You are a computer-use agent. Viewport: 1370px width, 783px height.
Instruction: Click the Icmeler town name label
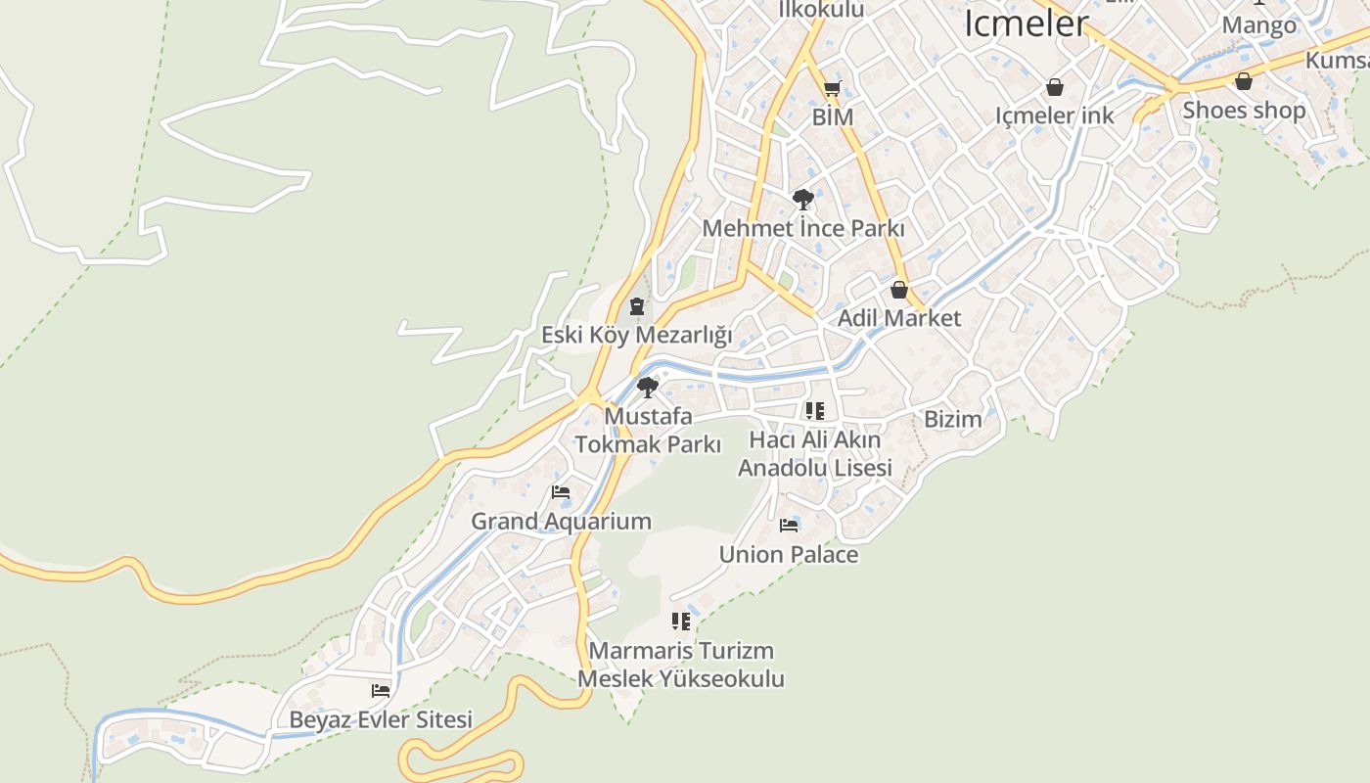[x=1026, y=23]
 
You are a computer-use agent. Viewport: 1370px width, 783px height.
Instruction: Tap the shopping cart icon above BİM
[x=832, y=90]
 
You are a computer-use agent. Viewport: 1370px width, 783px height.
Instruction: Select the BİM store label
[x=833, y=117]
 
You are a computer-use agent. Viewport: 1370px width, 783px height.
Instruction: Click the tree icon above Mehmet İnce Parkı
[x=802, y=201]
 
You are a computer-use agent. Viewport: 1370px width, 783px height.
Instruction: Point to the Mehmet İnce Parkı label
[x=802, y=229]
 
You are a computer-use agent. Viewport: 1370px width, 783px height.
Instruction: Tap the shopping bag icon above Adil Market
[x=898, y=291]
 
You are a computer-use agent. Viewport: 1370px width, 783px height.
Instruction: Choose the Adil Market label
[x=898, y=318]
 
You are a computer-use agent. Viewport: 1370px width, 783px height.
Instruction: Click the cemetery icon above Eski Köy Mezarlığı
[x=637, y=307]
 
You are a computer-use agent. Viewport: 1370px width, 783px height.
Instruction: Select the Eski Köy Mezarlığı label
[x=637, y=335]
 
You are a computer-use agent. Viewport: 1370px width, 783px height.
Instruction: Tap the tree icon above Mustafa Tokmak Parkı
[x=647, y=388]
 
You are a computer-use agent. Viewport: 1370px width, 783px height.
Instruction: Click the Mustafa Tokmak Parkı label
[x=647, y=431]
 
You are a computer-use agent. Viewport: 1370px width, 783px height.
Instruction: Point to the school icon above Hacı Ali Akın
[x=814, y=411]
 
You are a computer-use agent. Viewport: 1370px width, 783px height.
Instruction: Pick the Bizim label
[x=952, y=420]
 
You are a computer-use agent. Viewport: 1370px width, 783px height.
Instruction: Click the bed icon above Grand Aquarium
[x=561, y=492]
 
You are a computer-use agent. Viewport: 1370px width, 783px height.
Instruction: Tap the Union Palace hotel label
[x=788, y=555]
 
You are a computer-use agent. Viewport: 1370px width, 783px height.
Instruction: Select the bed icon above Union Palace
[x=789, y=526]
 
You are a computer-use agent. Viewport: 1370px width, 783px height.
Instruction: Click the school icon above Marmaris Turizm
[x=681, y=622]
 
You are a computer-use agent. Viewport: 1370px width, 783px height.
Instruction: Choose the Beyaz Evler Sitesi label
[x=381, y=719]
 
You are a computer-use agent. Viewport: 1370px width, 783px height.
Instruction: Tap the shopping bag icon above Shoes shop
[x=1243, y=82]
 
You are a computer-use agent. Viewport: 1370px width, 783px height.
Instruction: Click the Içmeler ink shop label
[x=1054, y=115]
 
